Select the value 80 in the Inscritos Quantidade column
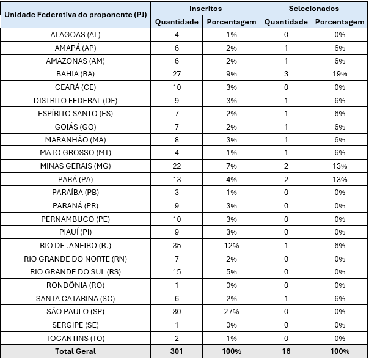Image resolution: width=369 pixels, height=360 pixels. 177,311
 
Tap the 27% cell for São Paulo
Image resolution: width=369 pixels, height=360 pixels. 232,311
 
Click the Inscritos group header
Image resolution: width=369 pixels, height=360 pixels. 205,9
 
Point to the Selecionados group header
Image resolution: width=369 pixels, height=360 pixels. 313,9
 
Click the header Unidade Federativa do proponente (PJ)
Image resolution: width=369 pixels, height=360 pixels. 76,14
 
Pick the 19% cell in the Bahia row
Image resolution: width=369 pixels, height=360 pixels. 340,74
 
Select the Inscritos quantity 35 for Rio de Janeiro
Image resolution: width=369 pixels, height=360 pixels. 177,246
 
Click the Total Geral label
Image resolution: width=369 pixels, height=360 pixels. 76,351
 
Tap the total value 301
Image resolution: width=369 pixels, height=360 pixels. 177,351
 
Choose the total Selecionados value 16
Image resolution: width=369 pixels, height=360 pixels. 286,351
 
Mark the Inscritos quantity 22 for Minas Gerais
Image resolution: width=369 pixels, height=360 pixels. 177,166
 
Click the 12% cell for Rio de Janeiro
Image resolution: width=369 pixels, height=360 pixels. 232,246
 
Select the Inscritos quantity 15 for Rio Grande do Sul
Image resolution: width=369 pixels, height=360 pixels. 177,272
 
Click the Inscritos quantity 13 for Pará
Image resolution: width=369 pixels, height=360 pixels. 177,180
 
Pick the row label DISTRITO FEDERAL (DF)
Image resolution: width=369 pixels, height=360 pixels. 76,100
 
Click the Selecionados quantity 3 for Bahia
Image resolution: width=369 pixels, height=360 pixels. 286,74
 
